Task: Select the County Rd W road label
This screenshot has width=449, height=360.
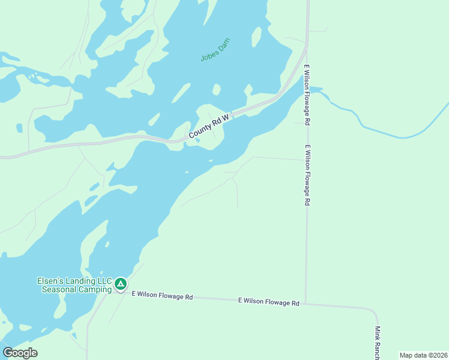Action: click(209, 127)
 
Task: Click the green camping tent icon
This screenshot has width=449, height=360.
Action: click(121, 283)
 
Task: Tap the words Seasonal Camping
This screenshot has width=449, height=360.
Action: click(77, 290)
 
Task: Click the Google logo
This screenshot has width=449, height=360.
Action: click(20, 353)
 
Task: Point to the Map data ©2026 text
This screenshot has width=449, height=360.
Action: click(423, 355)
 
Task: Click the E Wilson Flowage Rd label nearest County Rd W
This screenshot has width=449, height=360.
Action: click(307, 94)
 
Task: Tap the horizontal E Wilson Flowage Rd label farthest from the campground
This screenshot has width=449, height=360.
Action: click(268, 302)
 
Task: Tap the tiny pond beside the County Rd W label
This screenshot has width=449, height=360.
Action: click(197, 140)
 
